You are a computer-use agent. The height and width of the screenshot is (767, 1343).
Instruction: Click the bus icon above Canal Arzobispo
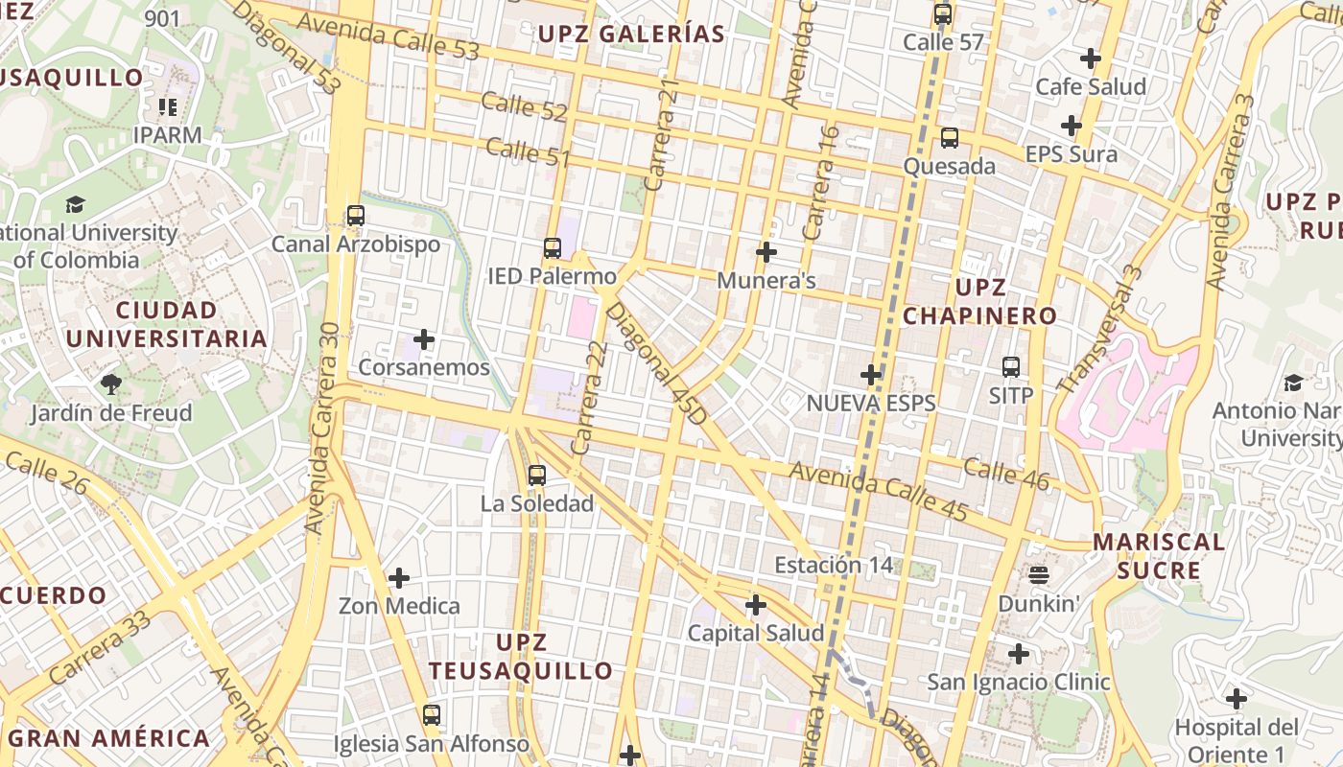(356, 216)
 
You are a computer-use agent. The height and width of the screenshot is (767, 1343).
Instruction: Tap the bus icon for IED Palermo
(553, 248)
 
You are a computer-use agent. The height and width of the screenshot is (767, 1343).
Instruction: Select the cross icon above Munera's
(766, 252)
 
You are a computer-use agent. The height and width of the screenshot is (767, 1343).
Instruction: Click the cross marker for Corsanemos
(424, 339)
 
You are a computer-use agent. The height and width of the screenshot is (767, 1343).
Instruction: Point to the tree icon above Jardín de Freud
(111, 384)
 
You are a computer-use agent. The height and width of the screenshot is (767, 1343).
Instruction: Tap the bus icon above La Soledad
(537, 475)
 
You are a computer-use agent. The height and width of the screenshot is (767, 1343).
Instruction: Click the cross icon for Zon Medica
(399, 578)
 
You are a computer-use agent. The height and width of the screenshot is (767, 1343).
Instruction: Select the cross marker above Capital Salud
(756, 605)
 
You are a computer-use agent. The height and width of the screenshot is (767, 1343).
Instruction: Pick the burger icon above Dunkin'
(1039, 575)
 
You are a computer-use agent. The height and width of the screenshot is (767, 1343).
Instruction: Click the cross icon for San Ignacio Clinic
(1019, 654)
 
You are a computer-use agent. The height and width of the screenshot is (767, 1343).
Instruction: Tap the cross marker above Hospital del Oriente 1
(1237, 698)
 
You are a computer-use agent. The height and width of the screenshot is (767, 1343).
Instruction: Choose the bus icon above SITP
(1011, 367)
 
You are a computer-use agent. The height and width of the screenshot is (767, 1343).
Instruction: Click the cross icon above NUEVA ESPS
(871, 374)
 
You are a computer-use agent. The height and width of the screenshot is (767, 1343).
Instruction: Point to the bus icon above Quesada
(950, 138)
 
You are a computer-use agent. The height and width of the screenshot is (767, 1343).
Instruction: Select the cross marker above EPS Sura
(1072, 126)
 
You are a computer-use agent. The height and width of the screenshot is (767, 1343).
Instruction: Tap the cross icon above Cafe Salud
(1091, 58)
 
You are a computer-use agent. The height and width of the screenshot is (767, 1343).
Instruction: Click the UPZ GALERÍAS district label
(631, 35)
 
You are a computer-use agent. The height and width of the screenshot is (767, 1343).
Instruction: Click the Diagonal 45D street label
(656, 364)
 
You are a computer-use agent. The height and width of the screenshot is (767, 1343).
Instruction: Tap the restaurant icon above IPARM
(168, 106)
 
